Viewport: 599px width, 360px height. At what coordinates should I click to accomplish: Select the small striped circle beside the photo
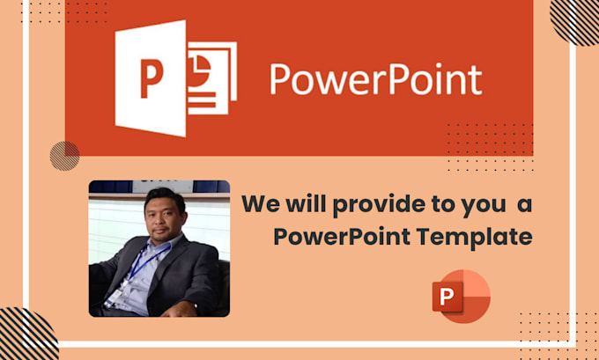(x=64, y=155)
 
